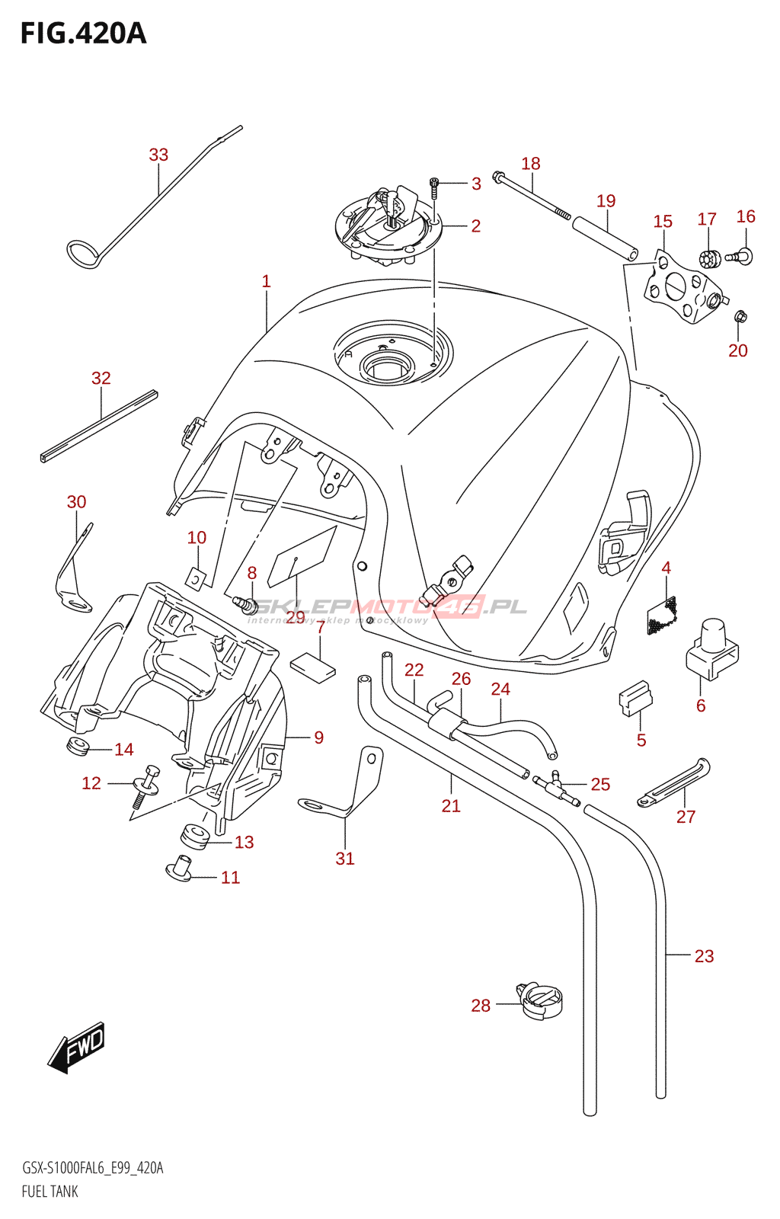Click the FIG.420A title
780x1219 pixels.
point(83,34)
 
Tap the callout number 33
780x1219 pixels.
point(158,155)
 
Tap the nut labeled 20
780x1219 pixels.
point(740,316)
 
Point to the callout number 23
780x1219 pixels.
point(704,956)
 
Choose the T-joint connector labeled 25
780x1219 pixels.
point(559,786)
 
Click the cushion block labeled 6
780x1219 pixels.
point(712,649)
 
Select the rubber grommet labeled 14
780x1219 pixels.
point(78,747)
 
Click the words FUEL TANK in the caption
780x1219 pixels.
point(50,1192)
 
